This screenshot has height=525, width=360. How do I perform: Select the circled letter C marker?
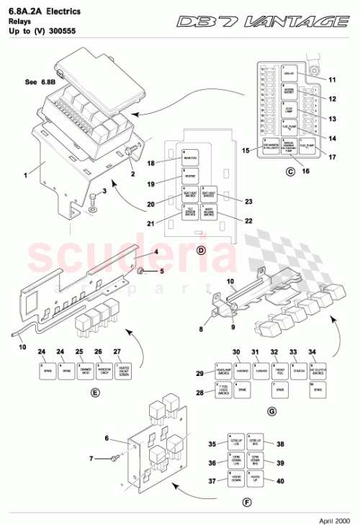click(290, 171)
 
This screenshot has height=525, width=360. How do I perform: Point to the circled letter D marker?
click(201, 249)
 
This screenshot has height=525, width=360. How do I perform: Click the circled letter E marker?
click(95, 392)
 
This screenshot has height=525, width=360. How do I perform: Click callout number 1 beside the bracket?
click(25, 174)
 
